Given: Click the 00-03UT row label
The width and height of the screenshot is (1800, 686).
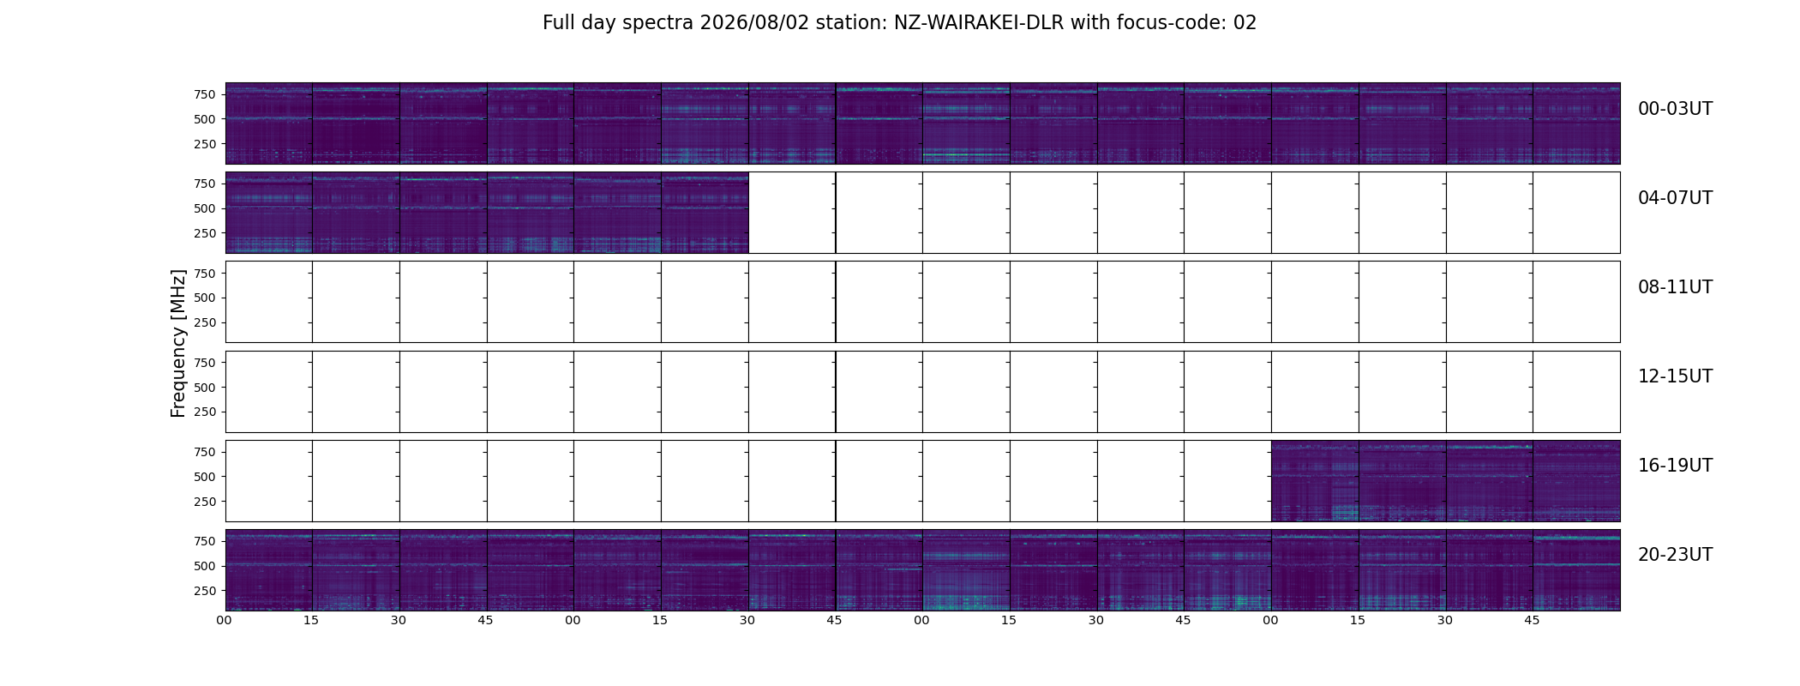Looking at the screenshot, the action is [1675, 109].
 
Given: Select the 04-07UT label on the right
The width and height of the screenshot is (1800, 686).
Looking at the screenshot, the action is [1675, 198].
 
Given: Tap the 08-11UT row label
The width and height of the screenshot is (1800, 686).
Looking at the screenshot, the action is [1675, 287].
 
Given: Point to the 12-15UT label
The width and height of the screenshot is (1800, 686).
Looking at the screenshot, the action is [1675, 376].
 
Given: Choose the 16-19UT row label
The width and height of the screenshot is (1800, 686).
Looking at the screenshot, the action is [1675, 466].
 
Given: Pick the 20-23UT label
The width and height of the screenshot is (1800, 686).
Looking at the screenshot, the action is [1675, 555].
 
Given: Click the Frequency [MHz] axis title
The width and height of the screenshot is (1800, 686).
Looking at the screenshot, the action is [178, 343].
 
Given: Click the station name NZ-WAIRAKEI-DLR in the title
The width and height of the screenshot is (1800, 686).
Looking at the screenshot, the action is [979, 23].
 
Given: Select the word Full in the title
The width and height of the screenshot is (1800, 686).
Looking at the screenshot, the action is [558, 23].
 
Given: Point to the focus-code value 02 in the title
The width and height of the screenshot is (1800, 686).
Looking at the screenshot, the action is [1245, 23].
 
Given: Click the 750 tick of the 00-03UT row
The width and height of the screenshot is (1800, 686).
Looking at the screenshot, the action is [204, 94].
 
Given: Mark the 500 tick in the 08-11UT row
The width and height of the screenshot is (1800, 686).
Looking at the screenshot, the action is [204, 298].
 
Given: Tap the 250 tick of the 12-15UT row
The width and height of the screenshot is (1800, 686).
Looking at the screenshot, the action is [204, 412].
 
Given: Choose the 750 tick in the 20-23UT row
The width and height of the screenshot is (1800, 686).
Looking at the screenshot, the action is [204, 541].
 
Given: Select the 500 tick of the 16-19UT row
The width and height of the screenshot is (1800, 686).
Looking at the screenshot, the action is [204, 477].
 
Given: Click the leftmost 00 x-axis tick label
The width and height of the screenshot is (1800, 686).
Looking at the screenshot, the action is [225, 620].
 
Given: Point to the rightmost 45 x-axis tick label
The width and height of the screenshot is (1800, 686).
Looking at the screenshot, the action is [1532, 620].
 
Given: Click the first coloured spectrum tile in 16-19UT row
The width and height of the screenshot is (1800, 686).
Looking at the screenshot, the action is [1315, 481].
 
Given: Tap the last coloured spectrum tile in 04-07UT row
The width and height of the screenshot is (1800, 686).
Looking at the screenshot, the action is [705, 213].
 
